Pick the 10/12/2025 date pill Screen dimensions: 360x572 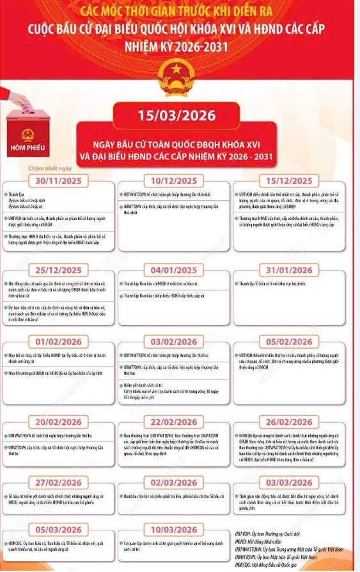[179, 180]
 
